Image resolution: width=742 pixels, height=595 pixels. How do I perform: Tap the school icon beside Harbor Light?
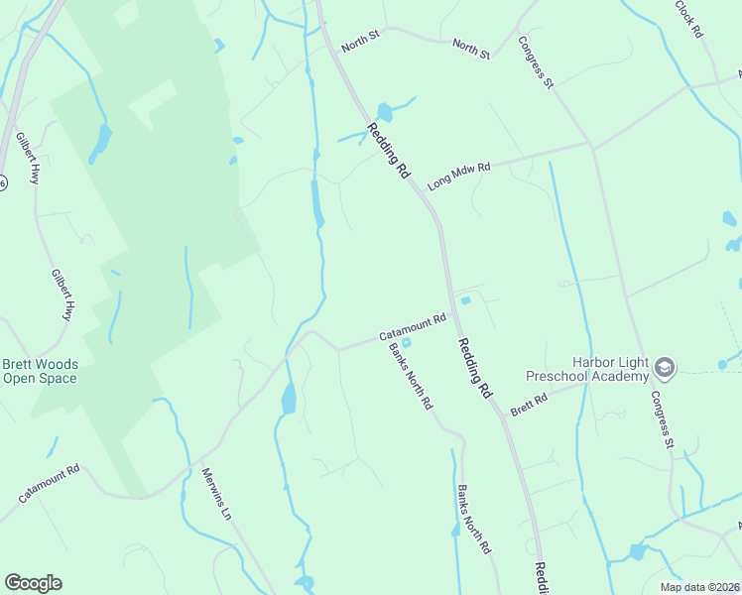click(664, 370)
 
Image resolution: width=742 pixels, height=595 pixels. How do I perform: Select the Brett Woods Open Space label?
click(40, 371)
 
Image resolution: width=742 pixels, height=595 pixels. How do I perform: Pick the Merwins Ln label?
click(216, 495)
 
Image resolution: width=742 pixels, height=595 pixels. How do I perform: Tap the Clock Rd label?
click(688, 19)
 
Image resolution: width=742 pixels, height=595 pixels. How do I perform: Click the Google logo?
click(33, 583)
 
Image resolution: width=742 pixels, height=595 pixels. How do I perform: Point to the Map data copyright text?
click(700, 587)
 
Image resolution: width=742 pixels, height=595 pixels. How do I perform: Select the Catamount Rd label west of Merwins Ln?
click(48, 482)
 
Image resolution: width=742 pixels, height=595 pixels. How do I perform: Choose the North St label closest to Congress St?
click(471, 49)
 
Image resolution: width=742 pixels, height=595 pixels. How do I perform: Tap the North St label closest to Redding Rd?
click(360, 42)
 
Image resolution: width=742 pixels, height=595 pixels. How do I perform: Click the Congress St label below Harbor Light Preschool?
click(662, 417)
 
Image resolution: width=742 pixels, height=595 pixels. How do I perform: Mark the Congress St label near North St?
click(536, 63)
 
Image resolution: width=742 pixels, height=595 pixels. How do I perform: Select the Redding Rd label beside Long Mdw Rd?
click(389, 150)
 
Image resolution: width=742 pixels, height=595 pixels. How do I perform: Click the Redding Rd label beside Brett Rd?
click(475, 367)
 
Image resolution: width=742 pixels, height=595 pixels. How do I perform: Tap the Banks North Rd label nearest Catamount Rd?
click(411, 376)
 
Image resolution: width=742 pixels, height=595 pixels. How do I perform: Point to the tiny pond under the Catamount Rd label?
click(406, 343)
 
